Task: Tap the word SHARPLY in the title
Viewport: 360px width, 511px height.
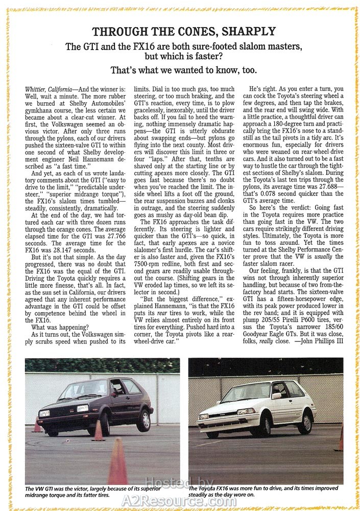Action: click(x=248, y=31)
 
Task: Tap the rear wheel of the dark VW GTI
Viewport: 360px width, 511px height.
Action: click(x=144, y=421)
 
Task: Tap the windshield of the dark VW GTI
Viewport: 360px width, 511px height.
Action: click(x=92, y=389)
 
